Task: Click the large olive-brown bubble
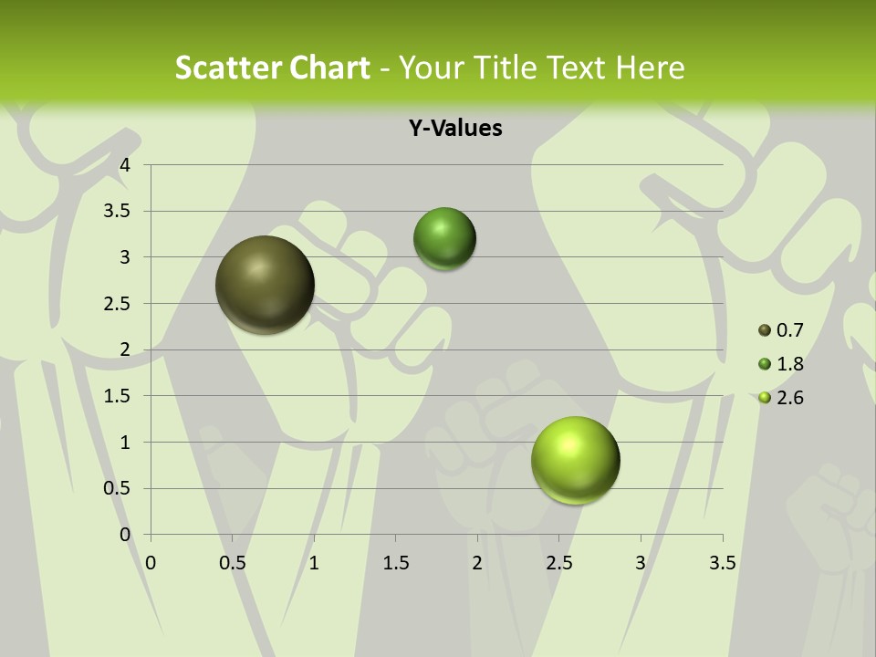(x=265, y=285)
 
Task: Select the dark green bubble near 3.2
(x=444, y=239)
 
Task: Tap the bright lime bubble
(x=575, y=460)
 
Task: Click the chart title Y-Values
(x=454, y=129)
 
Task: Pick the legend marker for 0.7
(x=765, y=330)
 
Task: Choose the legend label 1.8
(x=789, y=364)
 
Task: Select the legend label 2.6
(x=789, y=398)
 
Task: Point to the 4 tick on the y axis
(x=126, y=165)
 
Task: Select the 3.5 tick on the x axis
(x=722, y=563)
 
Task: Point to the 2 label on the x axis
(x=476, y=563)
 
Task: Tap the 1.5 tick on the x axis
(x=395, y=563)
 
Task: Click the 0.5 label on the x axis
(x=232, y=563)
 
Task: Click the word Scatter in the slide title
(x=225, y=68)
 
